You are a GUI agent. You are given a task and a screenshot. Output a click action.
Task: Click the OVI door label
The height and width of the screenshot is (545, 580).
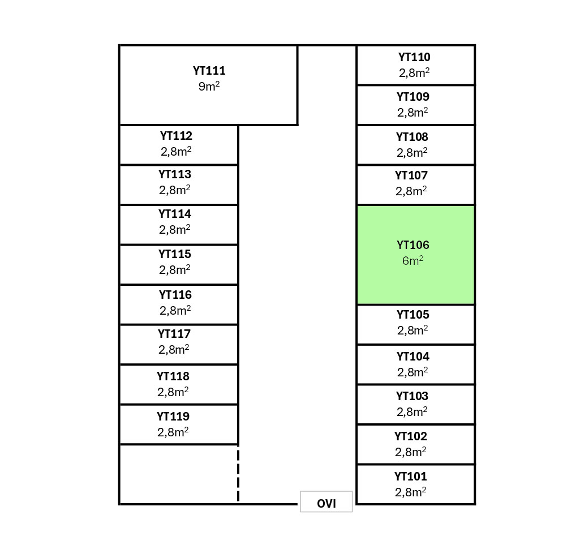[x=326, y=503]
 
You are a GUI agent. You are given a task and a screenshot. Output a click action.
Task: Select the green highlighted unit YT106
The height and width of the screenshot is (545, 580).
[x=415, y=255]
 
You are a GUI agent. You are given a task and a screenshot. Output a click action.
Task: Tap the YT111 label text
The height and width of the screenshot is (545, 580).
[x=209, y=71]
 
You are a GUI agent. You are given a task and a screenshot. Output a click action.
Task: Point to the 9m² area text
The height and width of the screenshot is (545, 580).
[x=209, y=87]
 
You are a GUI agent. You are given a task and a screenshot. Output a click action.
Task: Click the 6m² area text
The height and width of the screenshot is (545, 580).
[x=413, y=261]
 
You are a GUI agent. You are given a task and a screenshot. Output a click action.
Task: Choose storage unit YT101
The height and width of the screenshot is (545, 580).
[x=415, y=484]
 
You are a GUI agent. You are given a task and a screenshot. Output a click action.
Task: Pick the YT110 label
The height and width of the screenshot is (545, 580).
[x=414, y=57]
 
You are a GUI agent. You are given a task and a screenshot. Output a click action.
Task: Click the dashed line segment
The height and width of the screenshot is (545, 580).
[x=238, y=474]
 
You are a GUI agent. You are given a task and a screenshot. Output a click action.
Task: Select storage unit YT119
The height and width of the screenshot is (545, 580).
[x=178, y=424]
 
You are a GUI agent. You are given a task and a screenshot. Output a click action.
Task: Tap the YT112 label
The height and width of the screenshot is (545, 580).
[x=176, y=136]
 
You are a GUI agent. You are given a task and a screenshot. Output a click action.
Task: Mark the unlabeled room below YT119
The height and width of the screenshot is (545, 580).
[x=178, y=474]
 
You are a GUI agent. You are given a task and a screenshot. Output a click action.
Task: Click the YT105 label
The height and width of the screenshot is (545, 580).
[x=413, y=315]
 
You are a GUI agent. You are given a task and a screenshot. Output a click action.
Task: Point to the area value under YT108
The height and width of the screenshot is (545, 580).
[x=412, y=153]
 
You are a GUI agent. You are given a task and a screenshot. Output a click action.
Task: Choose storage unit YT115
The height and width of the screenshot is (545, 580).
[x=178, y=265]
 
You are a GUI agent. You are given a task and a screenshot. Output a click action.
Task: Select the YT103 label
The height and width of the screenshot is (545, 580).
[x=412, y=396]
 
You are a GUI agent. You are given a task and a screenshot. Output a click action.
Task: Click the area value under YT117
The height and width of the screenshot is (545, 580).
[x=174, y=350]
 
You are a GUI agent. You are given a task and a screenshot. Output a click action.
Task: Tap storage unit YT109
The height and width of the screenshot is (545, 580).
[x=415, y=105]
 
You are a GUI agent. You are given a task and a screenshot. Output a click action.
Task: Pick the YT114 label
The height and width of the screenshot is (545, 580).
[x=175, y=214]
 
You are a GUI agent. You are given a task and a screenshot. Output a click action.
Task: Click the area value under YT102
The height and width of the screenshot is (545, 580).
[x=411, y=452]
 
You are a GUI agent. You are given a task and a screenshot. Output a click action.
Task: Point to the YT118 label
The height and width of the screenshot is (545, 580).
[x=173, y=376]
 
